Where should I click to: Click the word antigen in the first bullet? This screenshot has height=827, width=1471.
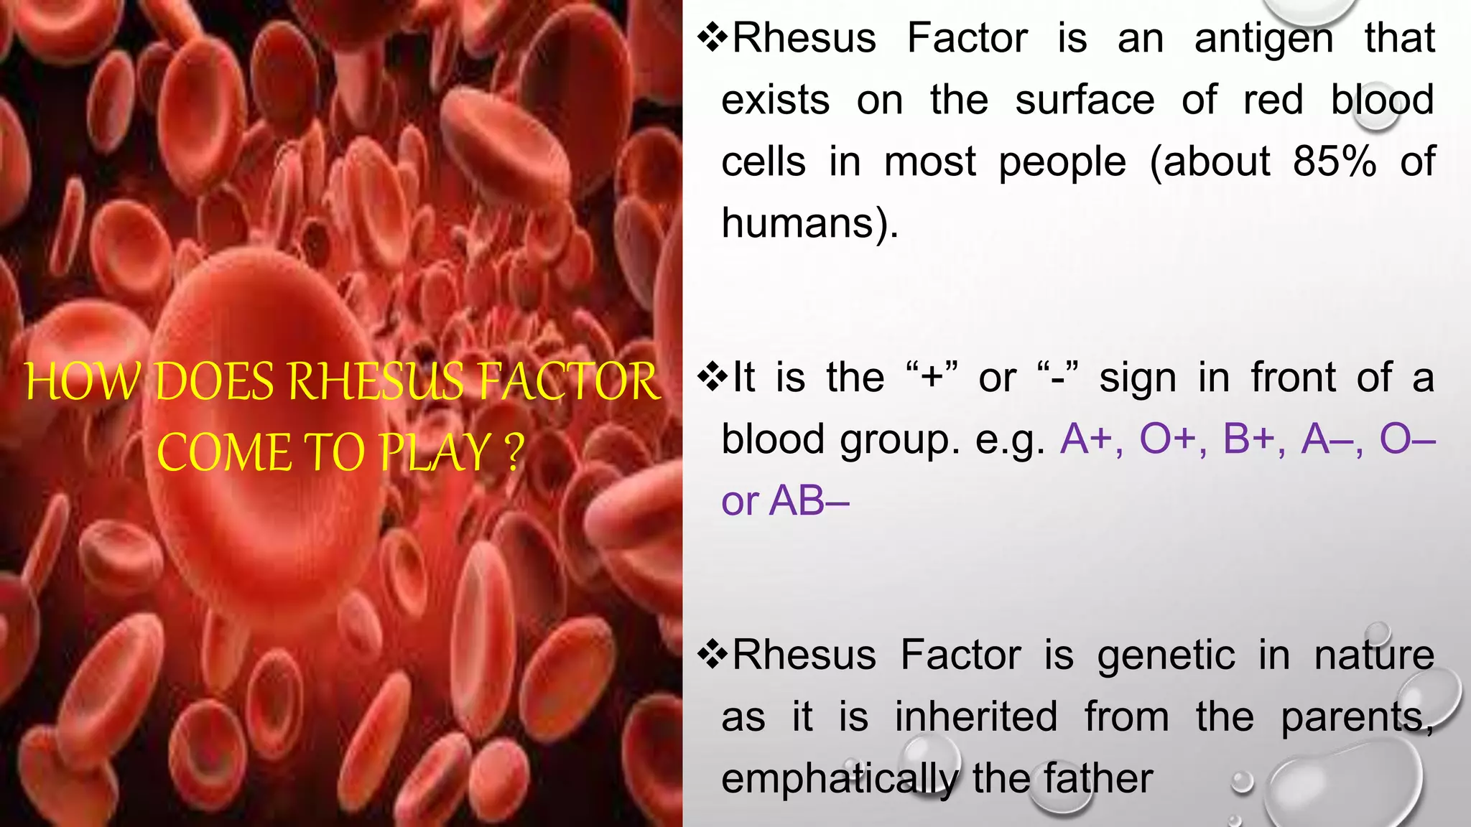point(1263,39)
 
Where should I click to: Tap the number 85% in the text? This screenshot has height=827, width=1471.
point(1335,162)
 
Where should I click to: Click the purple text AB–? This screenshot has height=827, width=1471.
point(809,501)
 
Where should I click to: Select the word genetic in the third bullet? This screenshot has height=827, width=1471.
point(1166,655)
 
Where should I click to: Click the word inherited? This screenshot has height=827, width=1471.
point(976,717)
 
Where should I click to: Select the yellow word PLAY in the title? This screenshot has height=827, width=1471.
point(435,453)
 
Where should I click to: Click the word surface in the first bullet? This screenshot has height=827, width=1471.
point(1085,101)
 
